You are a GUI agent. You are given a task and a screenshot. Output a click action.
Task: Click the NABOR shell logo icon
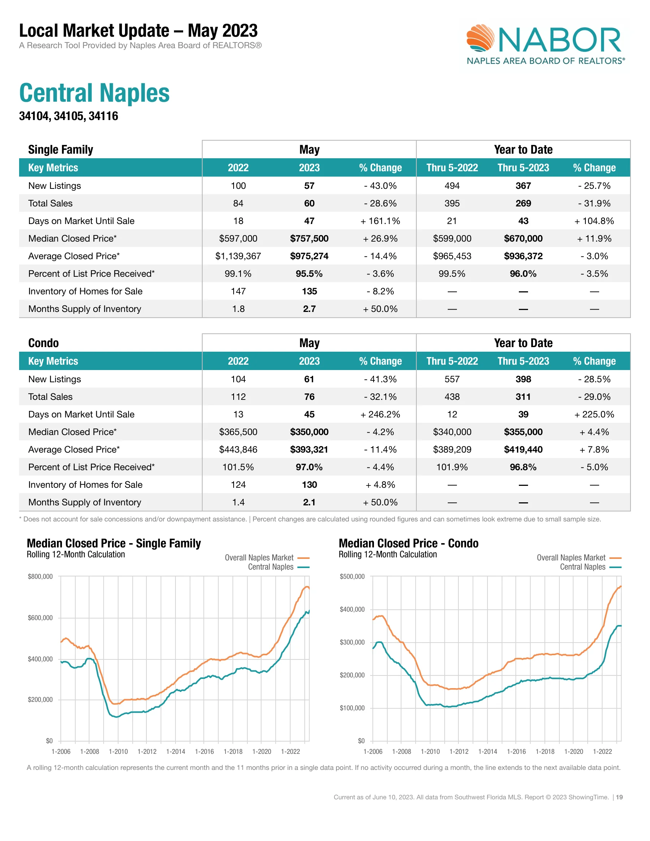click(x=480, y=38)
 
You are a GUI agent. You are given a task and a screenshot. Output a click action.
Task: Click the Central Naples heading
click(x=94, y=93)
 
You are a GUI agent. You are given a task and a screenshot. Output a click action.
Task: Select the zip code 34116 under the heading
click(x=103, y=116)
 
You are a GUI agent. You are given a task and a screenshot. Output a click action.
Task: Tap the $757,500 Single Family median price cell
click(x=309, y=239)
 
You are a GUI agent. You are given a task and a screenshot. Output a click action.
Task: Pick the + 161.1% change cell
click(x=380, y=221)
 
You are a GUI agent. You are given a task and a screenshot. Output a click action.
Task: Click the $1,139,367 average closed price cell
click(x=238, y=256)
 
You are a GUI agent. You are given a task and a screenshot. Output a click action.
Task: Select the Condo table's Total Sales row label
click(x=50, y=397)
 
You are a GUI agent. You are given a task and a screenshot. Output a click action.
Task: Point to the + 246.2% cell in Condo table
click(x=380, y=414)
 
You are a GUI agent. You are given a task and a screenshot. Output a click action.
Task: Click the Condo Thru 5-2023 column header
click(x=523, y=361)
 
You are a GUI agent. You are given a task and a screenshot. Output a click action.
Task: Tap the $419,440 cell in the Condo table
click(x=523, y=450)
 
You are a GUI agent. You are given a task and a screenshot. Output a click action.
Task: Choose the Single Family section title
click(x=60, y=149)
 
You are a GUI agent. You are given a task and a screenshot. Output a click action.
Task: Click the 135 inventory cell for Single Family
click(x=309, y=291)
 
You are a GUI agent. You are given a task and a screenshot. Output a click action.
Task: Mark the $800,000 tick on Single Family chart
click(x=40, y=576)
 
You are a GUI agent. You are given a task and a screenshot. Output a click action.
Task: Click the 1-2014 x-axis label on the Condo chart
click(x=487, y=751)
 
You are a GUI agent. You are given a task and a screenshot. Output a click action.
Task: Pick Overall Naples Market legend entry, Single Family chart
click(x=259, y=558)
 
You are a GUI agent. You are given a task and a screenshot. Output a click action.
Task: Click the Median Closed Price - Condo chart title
click(x=408, y=543)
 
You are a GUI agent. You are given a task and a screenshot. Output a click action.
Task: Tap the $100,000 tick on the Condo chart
click(x=352, y=708)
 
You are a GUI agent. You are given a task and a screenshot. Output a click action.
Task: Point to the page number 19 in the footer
click(x=619, y=797)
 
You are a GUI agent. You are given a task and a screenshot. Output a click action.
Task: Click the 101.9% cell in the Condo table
click(x=452, y=467)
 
